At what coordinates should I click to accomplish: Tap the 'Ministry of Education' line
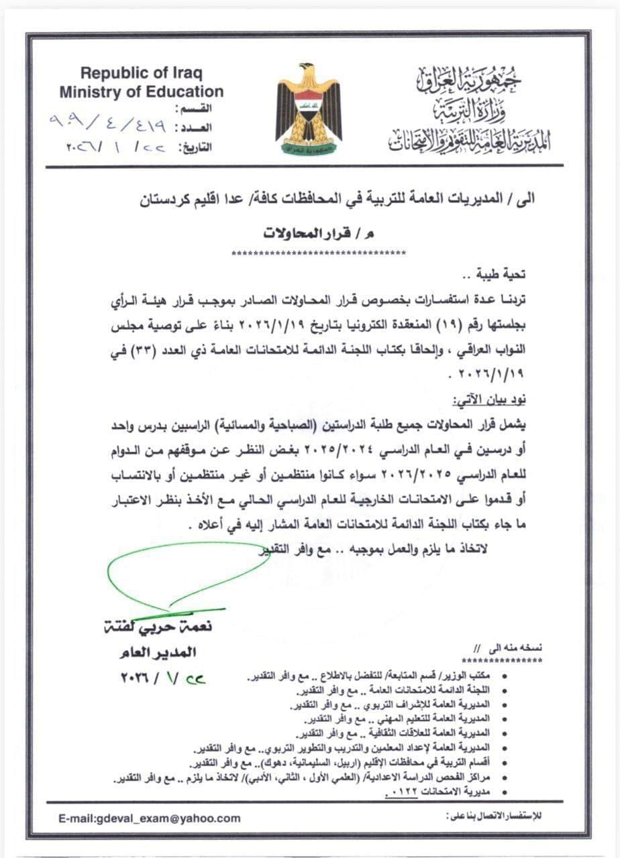(x=141, y=92)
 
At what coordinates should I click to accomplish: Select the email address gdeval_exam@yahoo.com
(x=149, y=818)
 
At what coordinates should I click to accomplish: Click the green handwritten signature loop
(x=181, y=573)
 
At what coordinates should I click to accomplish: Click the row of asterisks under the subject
(x=318, y=253)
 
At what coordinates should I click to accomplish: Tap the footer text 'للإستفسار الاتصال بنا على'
(x=497, y=816)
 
